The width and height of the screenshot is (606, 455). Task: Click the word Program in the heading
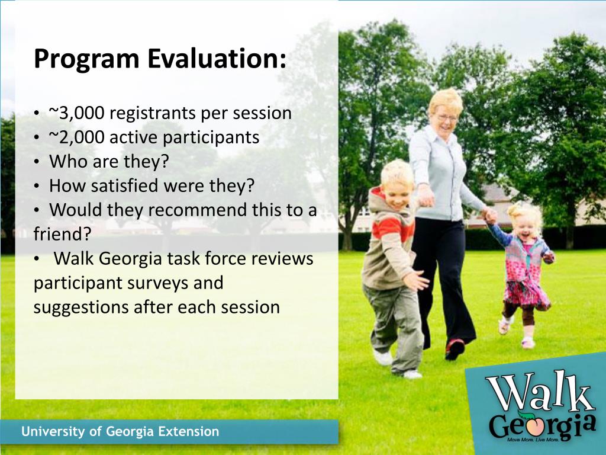(86, 60)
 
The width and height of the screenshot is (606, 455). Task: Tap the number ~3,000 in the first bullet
(76, 113)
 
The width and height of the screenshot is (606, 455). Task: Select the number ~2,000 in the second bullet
(76, 137)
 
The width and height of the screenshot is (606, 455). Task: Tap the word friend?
(62, 233)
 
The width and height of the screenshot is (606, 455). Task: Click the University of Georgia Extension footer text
(120, 431)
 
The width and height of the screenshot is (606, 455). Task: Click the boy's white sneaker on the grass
(383, 357)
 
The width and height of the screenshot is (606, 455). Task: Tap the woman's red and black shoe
(454, 348)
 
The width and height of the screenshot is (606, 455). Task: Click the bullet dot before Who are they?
(36, 162)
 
